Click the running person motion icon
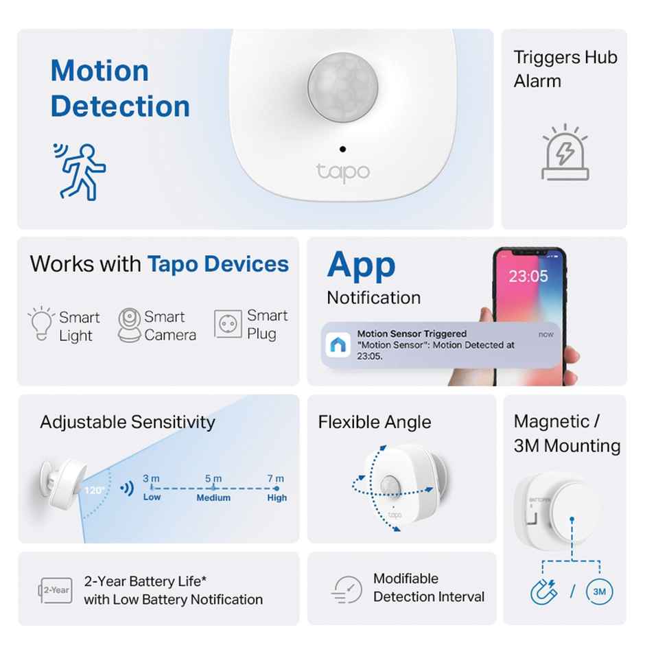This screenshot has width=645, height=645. (80, 171)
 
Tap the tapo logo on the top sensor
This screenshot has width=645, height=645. (343, 172)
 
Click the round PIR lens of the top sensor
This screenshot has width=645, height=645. (342, 86)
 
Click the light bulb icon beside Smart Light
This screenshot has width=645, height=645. (40, 325)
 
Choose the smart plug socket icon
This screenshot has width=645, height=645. (228, 324)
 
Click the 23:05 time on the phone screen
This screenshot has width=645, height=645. (528, 276)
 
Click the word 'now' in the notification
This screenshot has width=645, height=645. (546, 334)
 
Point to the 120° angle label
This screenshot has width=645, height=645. (94, 490)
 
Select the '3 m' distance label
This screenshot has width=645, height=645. (151, 478)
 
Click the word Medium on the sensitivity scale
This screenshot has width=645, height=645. (213, 497)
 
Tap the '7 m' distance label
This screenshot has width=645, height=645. (276, 478)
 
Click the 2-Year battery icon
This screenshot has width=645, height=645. (55, 590)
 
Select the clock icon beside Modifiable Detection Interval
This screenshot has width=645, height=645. (347, 589)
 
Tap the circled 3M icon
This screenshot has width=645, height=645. (599, 591)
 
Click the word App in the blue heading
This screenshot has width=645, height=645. (361, 265)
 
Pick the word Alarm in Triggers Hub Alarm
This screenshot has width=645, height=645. (537, 81)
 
